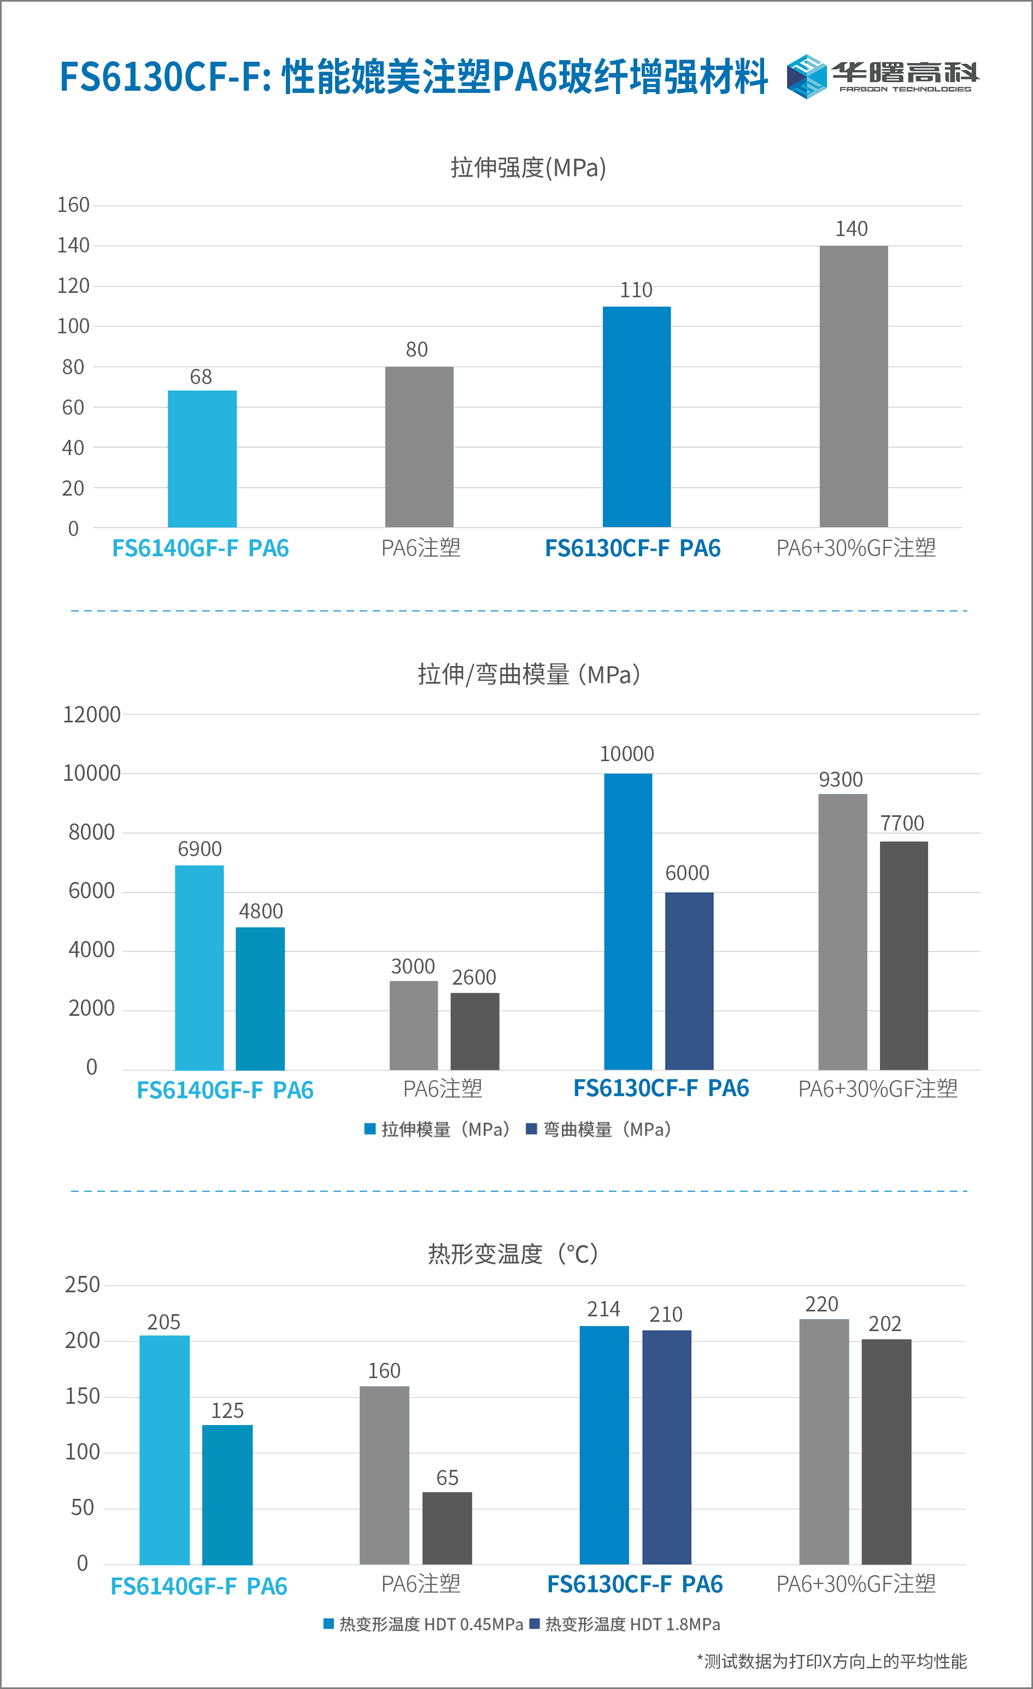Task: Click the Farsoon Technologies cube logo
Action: pos(806,76)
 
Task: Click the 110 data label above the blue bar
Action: pos(636,290)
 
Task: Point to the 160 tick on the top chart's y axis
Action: pos(73,205)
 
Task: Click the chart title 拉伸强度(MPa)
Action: pos(528,168)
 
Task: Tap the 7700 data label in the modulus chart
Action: pos(901,822)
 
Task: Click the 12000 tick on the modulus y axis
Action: pos(91,715)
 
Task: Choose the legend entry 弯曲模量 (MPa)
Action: pos(598,1129)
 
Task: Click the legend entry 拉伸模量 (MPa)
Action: pos(437,1129)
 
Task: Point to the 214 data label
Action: pos(603,1309)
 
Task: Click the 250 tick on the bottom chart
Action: pos(82,1285)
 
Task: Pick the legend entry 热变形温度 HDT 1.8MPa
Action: pos(625,1624)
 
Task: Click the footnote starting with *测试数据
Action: pos(831,1661)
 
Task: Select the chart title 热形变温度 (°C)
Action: pos(513,1253)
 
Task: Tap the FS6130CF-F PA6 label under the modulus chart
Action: pos(661,1088)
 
